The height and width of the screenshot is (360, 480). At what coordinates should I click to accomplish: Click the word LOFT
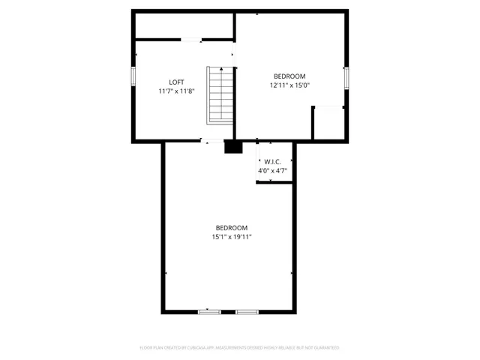[x=176, y=82]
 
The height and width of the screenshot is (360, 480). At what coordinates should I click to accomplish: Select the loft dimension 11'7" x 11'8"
[x=176, y=91]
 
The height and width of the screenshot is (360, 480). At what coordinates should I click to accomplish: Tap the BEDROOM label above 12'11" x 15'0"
[x=289, y=76]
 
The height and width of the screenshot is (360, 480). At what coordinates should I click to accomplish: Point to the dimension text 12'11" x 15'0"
[x=289, y=85]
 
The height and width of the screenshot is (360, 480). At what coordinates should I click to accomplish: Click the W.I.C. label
[x=272, y=163]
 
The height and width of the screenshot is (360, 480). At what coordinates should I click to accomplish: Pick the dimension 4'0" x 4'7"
[x=272, y=171]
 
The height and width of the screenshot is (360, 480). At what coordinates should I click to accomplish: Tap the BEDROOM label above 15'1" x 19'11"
[x=232, y=228]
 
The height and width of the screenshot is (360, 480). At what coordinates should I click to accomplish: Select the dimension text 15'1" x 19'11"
[x=232, y=237]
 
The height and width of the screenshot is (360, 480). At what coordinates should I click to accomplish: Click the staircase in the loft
[x=220, y=96]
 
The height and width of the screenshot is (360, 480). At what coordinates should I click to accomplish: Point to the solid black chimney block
[x=234, y=147]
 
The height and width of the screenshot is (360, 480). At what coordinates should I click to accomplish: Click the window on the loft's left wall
[x=133, y=76]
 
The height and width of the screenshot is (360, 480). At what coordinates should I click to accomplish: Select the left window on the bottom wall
[x=209, y=311]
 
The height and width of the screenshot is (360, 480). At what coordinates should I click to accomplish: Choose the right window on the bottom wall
[x=247, y=311]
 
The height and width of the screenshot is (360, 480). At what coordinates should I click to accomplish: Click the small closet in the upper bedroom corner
[x=328, y=123]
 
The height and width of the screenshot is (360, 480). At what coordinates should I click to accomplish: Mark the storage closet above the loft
[x=184, y=25]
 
